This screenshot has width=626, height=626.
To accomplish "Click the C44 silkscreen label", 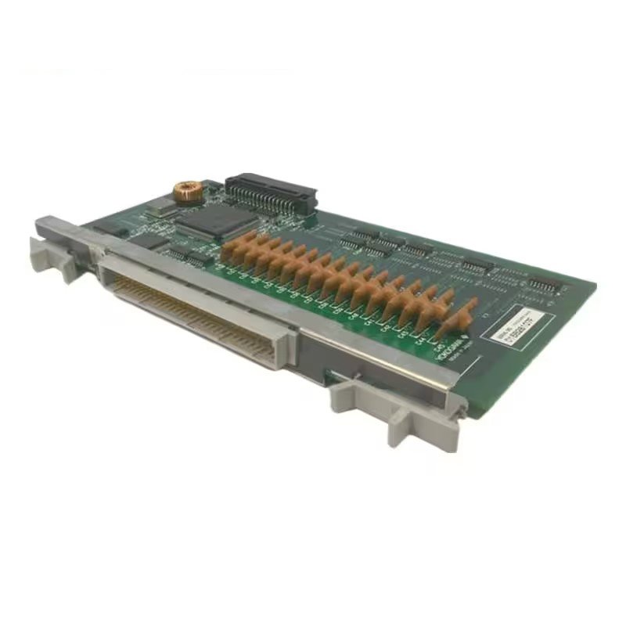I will coord(421,338).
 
